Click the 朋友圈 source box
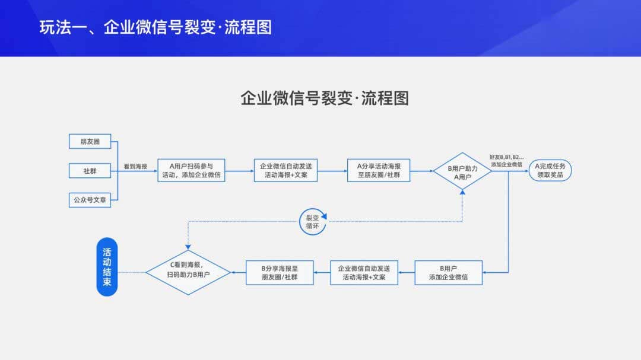(x=90, y=141)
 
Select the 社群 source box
(x=90, y=171)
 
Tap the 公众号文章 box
(x=90, y=200)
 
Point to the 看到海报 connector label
(x=135, y=167)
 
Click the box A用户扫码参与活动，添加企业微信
(x=191, y=170)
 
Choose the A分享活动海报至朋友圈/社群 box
(x=379, y=170)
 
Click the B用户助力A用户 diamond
(x=462, y=171)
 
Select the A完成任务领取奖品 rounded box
(x=550, y=170)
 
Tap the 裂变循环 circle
(x=312, y=221)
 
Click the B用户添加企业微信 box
(x=448, y=272)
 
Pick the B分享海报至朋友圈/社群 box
(x=280, y=272)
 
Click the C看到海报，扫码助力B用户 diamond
(x=188, y=272)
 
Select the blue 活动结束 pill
(x=107, y=267)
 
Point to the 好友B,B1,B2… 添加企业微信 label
(x=506, y=160)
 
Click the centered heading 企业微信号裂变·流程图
(x=324, y=98)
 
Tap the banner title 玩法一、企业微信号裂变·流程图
(x=156, y=27)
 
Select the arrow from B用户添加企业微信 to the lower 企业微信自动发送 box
(x=406, y=272)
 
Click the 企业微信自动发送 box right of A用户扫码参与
(x=285, y=170)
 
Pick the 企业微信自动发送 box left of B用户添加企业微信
(x=364, y=272)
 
